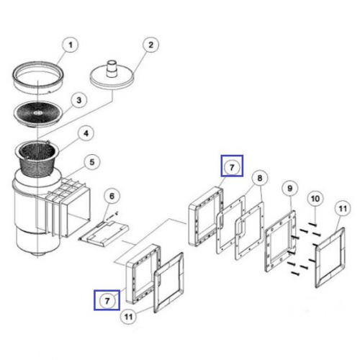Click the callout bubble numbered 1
[71, 45]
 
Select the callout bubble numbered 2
[150, 45]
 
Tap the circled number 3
[79, 100]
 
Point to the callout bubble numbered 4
[86, 133]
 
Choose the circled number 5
[92, 162]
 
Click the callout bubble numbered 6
[112, 197]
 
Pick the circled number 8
[260, 178]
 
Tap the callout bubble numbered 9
[290, 189]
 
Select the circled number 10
[315, 199]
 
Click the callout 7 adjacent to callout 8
[232, 167]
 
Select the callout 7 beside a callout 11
[107, 301]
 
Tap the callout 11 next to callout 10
[343, 209]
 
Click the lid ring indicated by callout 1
[38, 76]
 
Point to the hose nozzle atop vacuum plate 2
[112, 68]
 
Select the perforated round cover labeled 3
[38, 113]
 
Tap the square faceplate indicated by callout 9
[280, 241]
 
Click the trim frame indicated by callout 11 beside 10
[330, 257]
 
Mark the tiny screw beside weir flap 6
[114, 215]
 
